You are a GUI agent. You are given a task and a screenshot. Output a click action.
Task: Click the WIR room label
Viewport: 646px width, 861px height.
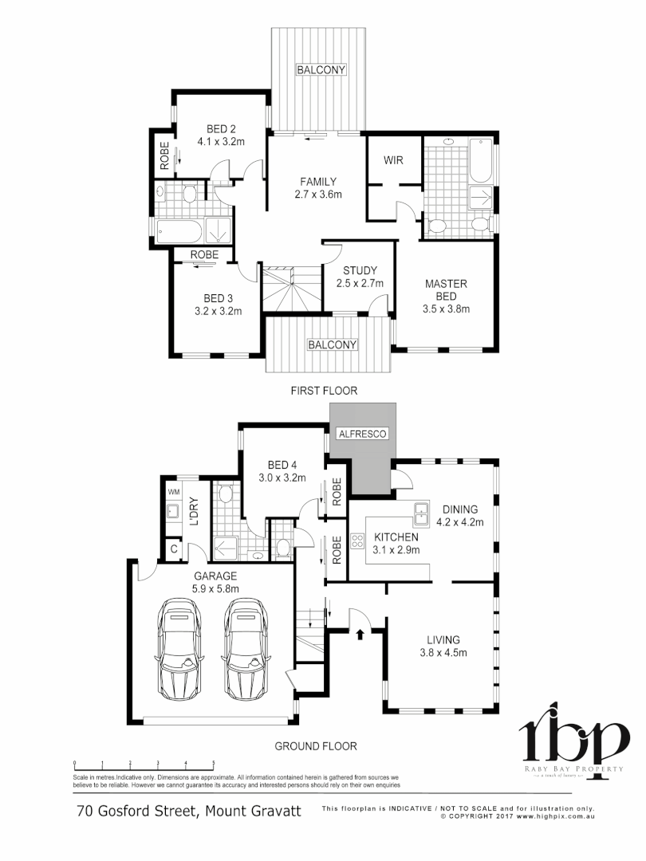click(393, 160)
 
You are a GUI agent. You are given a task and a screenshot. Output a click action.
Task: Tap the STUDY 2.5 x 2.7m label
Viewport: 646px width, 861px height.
click(360, 277)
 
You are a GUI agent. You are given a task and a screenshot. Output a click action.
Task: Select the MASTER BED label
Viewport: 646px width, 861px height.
click(446, 290)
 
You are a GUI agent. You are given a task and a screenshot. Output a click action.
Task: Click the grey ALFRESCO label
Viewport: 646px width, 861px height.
click(363, 434)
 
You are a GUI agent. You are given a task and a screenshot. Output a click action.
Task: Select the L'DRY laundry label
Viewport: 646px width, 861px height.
click(194, 510)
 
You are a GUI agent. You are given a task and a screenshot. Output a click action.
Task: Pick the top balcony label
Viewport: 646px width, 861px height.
click(321, 70)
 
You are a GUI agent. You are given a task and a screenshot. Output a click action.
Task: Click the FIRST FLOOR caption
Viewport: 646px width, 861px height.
click(324, 391)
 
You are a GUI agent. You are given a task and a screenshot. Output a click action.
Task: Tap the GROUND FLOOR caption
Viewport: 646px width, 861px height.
click(316, 746)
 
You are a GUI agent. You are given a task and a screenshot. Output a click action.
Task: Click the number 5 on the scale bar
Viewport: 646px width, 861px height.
click(214, 763)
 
